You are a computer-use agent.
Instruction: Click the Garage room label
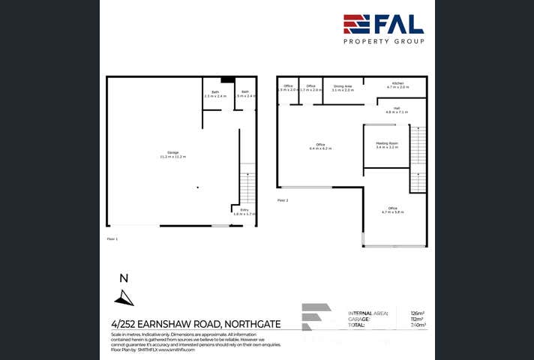[x=172, y=154]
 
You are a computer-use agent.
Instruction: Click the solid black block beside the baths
[x=228, y=80]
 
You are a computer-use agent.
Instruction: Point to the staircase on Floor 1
[x=247, y=187]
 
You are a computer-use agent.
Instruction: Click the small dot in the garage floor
[x=198, y=187]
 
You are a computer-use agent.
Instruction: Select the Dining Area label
[x=343, y=88]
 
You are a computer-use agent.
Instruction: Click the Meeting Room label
[x=387, y=145]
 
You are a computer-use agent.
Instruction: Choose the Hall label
[x=397, y=109]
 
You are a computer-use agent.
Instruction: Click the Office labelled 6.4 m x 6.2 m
[x=320, y=146]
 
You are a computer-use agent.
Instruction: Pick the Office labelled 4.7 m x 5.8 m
[x=392, y=210]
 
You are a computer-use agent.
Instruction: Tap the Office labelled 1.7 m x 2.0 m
[x=310, y=88]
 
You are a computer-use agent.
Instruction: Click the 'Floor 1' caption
[x=112, y=238]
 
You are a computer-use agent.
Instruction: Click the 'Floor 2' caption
[x=283, y=200]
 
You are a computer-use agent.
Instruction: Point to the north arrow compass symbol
[x=124, y=298]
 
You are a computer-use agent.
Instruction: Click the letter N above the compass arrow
[x=124, y=278]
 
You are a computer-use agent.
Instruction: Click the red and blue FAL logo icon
[x=356, y=24]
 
